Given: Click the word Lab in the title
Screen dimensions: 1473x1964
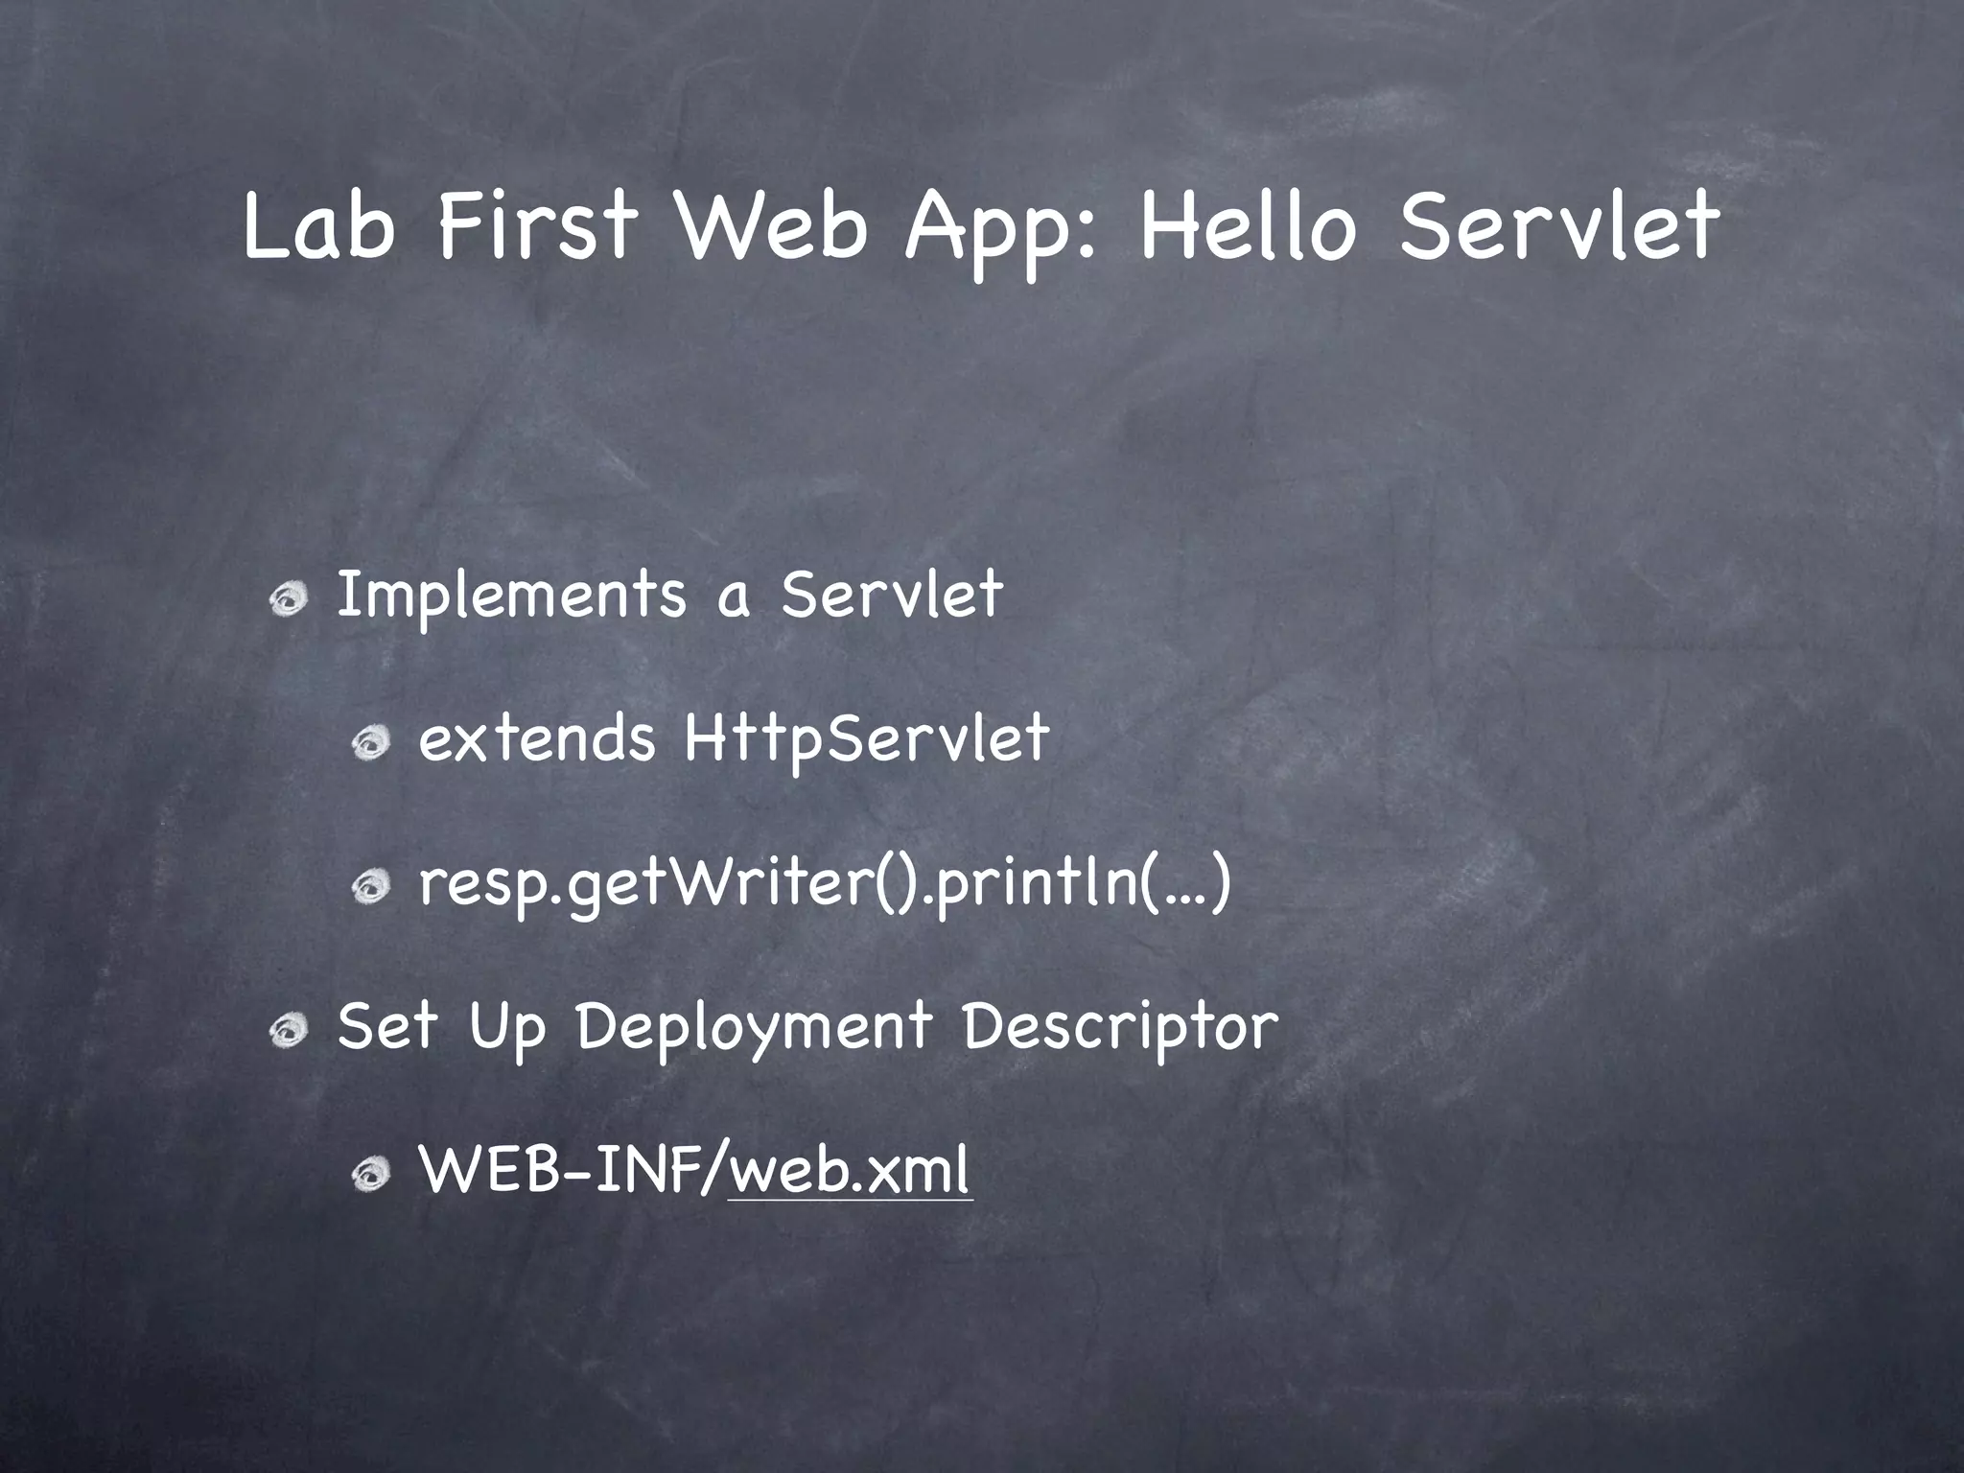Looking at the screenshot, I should (x=318, y=226).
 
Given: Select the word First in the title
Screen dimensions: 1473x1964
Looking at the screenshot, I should (x=536, y=226).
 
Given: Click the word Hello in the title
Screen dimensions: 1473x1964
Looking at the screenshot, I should (x=1249, y=226).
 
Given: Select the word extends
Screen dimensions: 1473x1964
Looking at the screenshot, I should (x=537, y=739).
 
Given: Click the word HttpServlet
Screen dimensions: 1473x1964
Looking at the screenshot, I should (x=867, y=739).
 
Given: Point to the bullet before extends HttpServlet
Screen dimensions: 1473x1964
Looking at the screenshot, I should (x=369, y=743).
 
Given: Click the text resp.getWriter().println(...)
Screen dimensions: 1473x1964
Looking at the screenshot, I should (x=825, y=883).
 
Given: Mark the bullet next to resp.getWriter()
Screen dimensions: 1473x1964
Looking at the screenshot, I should (x=369, y=888).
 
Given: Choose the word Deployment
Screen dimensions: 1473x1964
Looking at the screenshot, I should (x=754, y=1027).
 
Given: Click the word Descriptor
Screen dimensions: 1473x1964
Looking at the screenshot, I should (x=1120, y=1027).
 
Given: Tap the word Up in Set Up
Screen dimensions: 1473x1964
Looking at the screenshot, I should (x=507, y=1027).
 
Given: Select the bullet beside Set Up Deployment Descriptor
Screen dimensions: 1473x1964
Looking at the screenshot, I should (x=288, y=1032).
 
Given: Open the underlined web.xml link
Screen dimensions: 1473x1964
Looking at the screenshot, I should (x=850, y=1171).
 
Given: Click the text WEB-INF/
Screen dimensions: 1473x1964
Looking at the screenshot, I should (x=573, y=1171).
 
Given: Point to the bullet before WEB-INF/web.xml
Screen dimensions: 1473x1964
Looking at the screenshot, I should (x=369, y=1176).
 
